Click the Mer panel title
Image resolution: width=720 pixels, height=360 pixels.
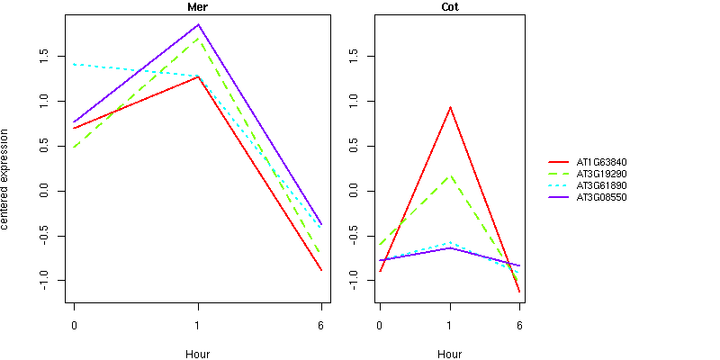click(x=197, y=7)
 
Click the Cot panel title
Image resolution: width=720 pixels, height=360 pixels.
click(x=449, y=7)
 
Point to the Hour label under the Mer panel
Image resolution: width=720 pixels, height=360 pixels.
click(x=197, y=354)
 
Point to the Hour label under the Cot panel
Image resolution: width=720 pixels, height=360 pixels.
click(x=449, y=354)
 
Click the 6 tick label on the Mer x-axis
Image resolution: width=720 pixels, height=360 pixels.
click(x=321, y=325)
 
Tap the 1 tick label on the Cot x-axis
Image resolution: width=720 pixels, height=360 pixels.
click(x=449, y=325)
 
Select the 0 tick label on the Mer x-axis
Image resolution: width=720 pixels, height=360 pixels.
click(x=74, y=325)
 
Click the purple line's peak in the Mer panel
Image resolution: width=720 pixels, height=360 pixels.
click(x=198, y=24)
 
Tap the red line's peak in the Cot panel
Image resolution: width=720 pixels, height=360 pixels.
click(x=449, y=107)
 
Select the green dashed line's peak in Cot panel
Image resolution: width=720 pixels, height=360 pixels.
click(x=449, y=175)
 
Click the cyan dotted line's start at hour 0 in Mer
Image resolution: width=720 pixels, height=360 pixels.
click(x=74, y=64)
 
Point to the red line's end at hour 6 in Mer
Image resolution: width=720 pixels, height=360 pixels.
click(x=321, y=270)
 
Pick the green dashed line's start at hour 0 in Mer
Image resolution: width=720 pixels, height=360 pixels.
click(x=74, y=147)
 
